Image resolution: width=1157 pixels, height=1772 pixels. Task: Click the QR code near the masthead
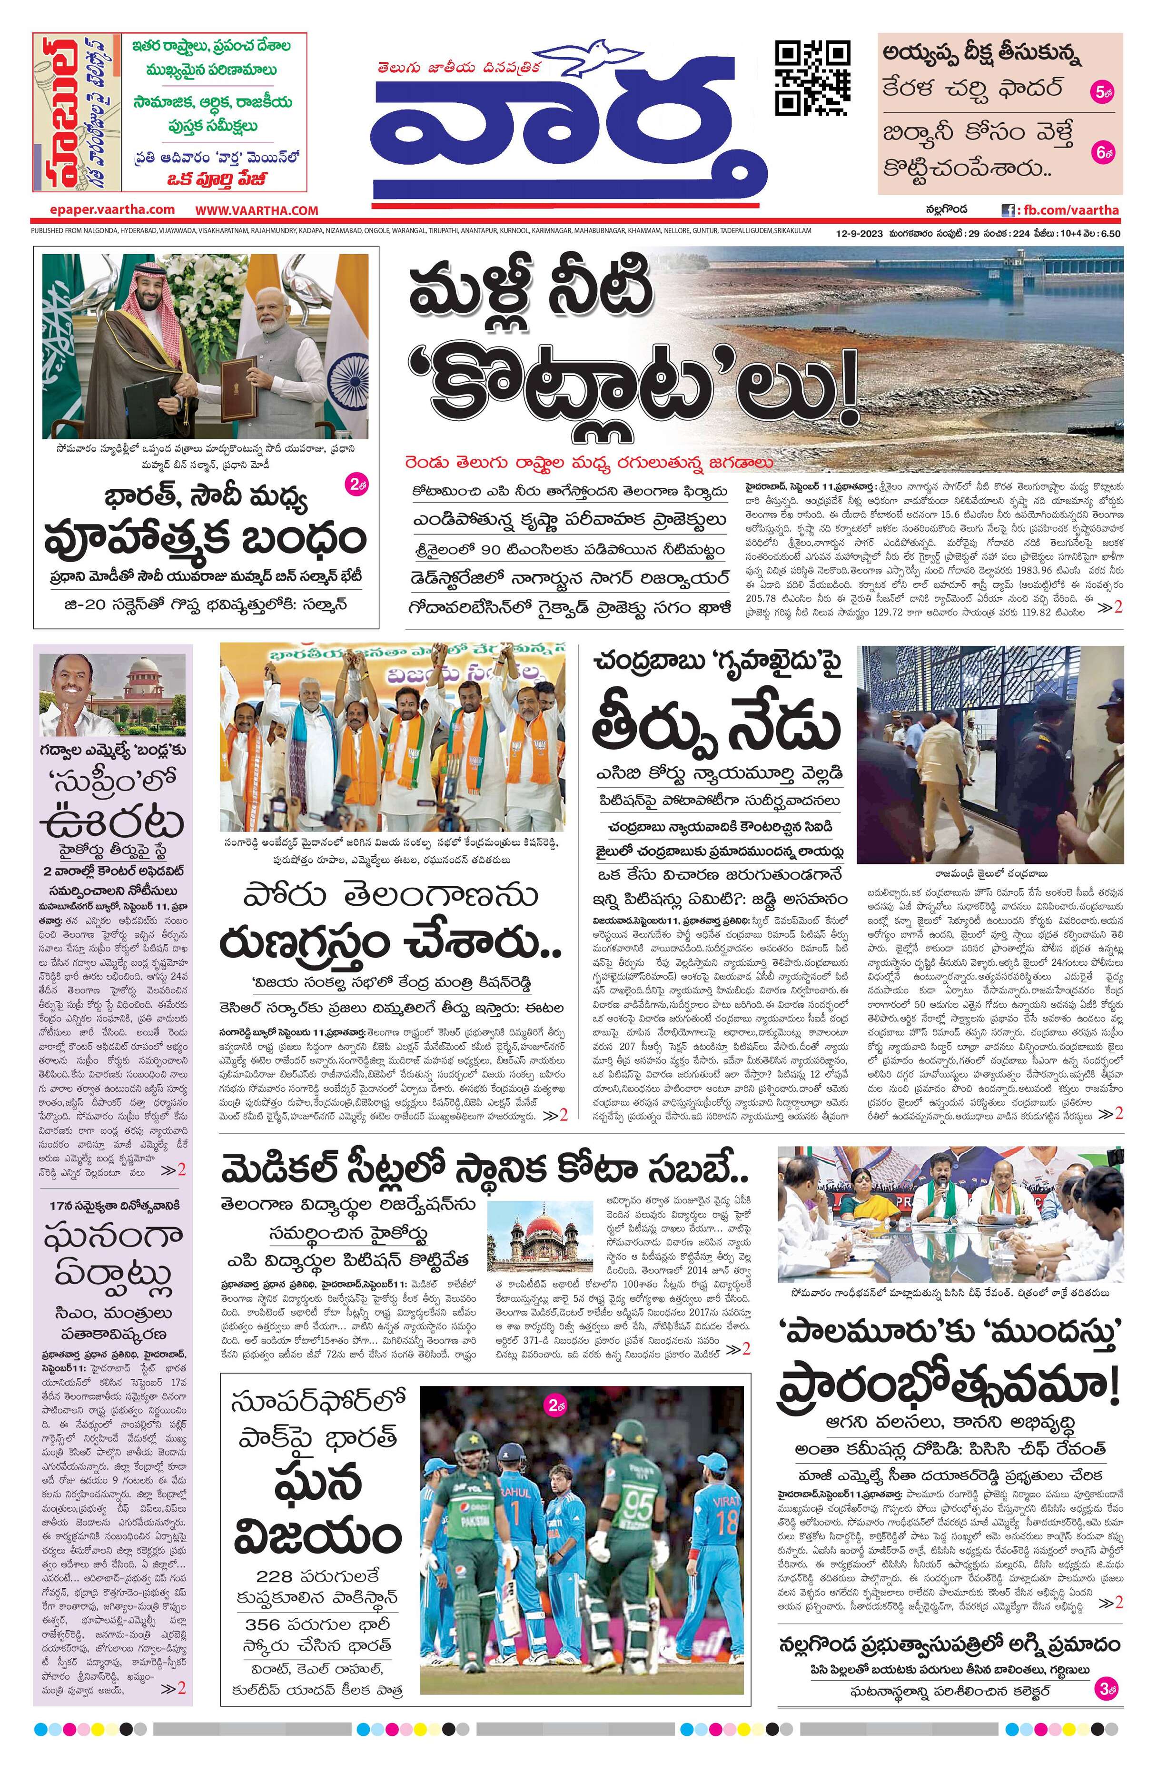coord(812,78)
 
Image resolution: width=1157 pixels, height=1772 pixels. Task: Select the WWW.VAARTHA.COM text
coord(257,211)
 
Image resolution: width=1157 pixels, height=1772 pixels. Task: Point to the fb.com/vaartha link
coord(1068,211)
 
